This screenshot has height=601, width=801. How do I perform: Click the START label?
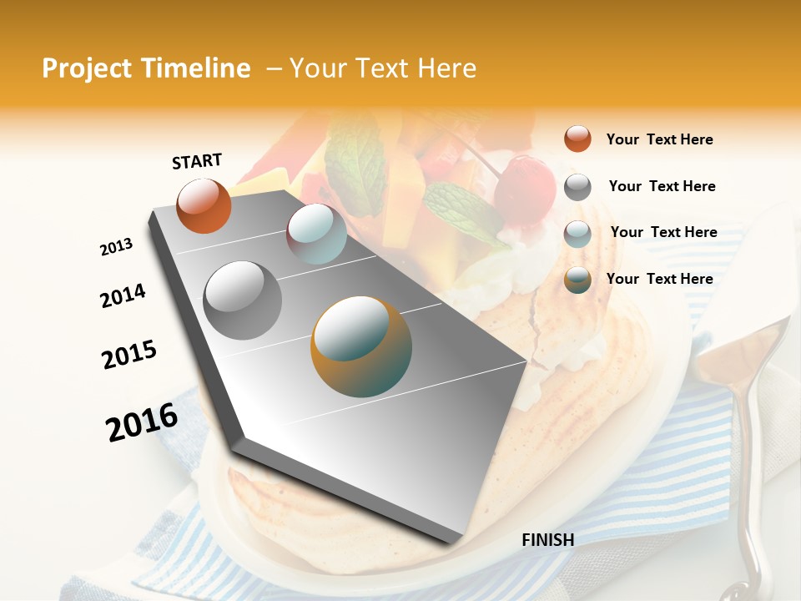197,161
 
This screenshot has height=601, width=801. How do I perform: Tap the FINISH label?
548,540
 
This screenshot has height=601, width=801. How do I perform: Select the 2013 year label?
116,247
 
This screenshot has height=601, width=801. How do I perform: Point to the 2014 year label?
123,296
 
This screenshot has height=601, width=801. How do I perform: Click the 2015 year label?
129,355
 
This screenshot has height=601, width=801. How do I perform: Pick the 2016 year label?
142,422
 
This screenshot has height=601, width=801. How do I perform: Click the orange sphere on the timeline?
204,206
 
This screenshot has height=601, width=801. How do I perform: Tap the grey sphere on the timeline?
243,300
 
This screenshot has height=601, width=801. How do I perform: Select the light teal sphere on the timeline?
316,234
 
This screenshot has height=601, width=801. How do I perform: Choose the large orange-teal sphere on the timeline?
361,346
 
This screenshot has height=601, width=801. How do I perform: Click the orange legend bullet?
577,139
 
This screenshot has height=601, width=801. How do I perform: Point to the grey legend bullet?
577,186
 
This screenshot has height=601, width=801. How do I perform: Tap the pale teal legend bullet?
577,233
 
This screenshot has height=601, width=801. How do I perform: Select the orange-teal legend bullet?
577,280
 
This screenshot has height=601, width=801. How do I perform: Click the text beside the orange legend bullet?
659,139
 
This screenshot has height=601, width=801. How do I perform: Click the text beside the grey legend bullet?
662,186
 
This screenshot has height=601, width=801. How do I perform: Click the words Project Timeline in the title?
146,68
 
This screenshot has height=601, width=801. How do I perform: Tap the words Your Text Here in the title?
383,68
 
